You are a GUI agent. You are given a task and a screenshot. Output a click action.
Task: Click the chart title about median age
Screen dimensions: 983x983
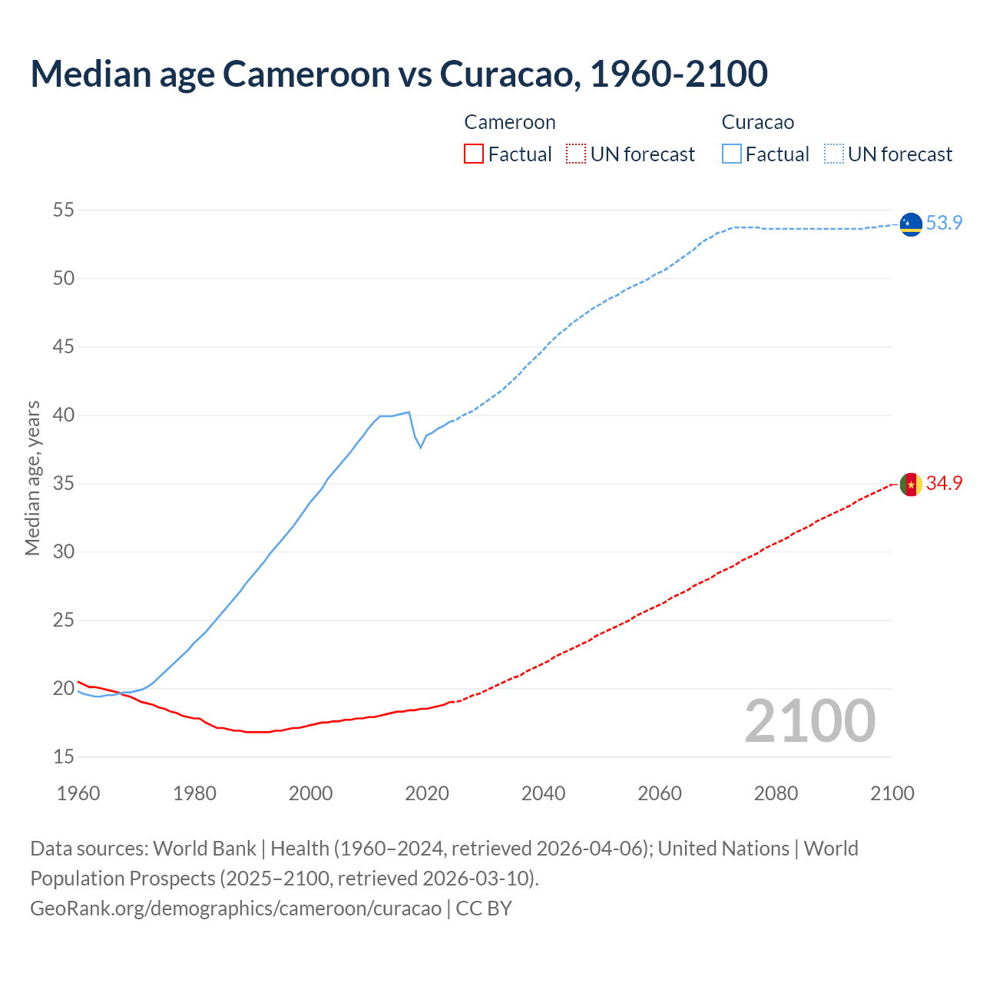pyautogui.click(x=399, y=74)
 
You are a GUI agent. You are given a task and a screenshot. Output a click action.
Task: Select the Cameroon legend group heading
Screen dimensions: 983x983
pyautogui.click(x=509, y=122)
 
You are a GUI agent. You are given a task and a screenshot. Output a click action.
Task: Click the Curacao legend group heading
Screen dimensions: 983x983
pyautogui.click(x=757, y=122)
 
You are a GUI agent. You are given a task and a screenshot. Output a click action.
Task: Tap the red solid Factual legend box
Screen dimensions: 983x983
pyautogui.click(x=474, y=154)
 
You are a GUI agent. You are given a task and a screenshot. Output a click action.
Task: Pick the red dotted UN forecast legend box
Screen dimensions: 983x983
pyautogui.click(x=576, y=154)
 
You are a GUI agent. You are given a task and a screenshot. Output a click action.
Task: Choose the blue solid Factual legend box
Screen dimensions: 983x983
pyautogui.click(x=732, y=154)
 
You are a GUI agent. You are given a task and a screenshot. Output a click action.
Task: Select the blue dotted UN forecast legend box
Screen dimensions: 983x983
pyautogui.click(x=834, y=154)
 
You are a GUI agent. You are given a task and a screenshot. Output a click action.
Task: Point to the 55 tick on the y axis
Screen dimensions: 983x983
pyautogui.click(x=64, y=210)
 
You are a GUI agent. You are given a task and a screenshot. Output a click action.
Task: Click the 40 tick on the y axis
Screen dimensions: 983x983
pyautogui.click(x=64, y=415)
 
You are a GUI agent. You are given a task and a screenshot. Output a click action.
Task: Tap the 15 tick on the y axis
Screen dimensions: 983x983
pyautogui.click(x=64, y=757)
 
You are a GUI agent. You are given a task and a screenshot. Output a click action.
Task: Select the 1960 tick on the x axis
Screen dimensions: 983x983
pyautogui.click(x=78, y=793)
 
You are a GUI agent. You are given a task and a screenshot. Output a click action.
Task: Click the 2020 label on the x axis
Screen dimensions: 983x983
pyautogui.click(x=427, y=793)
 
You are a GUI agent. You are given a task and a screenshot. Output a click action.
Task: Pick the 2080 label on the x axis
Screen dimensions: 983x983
pyautogui.click(x=776, y=793)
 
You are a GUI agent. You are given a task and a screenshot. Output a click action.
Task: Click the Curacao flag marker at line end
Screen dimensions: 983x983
pyautogui.click(x=911, y=224)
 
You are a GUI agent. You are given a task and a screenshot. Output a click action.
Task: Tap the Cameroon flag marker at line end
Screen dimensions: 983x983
pyautogui.click(x=911, y=485)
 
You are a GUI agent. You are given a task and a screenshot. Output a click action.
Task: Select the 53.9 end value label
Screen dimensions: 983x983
pyautogui.click(x=944, y=223)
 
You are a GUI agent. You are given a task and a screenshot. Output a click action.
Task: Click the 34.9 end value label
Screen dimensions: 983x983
pyautogui.click(x=944, y=483)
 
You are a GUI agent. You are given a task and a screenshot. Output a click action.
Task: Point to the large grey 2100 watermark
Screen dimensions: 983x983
pyautogui.click(x=809, y=721)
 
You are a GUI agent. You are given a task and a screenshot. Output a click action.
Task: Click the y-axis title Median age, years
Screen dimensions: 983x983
pyautogui.click(x=32, y=478)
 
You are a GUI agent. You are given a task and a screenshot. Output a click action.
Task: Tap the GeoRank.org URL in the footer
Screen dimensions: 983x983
pyautogui.click(x=236, y=908)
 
